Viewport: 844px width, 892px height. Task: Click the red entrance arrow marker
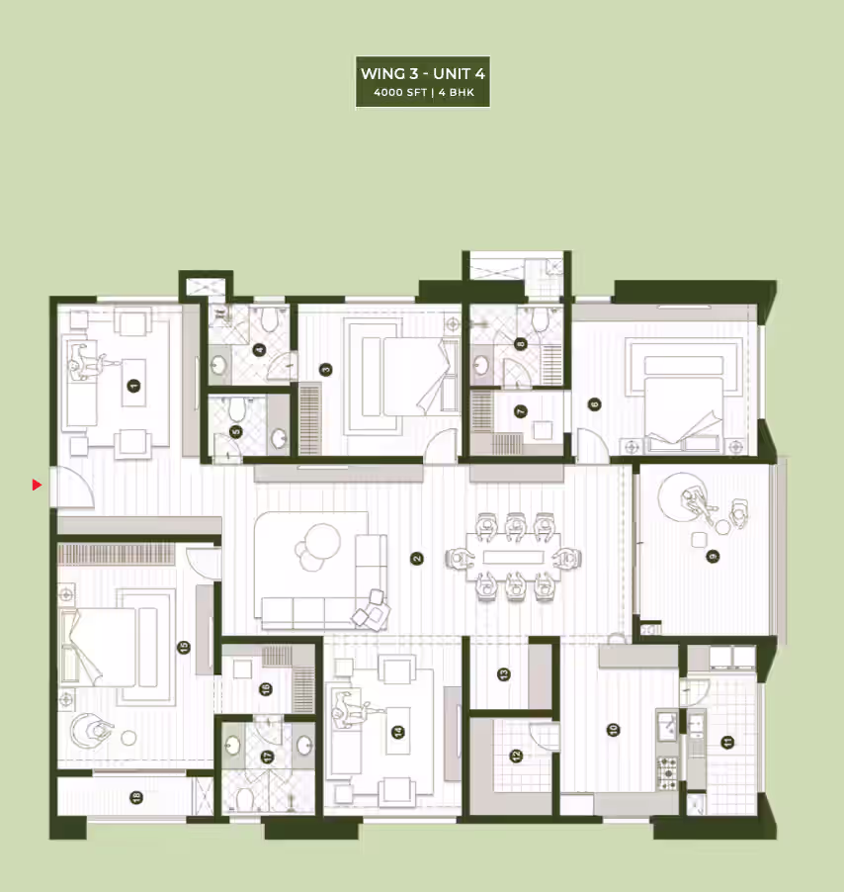(37, 486)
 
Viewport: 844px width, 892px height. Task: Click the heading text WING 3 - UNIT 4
(423, 74)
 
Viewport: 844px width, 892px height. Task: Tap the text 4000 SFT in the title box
(400, 93)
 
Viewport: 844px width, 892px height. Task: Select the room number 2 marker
(417, 559)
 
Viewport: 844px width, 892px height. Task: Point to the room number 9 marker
(713, 557)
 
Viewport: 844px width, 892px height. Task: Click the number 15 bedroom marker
(184, 648)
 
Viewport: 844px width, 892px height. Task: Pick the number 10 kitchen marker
(613, 730)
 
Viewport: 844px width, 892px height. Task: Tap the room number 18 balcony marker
(135, 798)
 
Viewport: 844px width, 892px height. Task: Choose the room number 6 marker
(595, 404)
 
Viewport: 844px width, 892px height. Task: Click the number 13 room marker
(504, 674)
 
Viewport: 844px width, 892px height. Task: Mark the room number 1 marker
(133, 386)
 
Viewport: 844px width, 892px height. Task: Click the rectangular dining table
(513, 557)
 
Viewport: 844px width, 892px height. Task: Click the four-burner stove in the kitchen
(667, 773)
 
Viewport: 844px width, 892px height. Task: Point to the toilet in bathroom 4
(269, 319)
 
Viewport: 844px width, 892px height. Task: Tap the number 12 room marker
(516, 756)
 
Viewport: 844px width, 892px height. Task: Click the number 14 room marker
(398, 732)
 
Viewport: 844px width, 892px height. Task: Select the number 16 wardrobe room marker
(266, 689)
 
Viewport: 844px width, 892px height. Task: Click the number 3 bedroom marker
(326, 370)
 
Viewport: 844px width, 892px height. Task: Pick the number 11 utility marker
(727, 742)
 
